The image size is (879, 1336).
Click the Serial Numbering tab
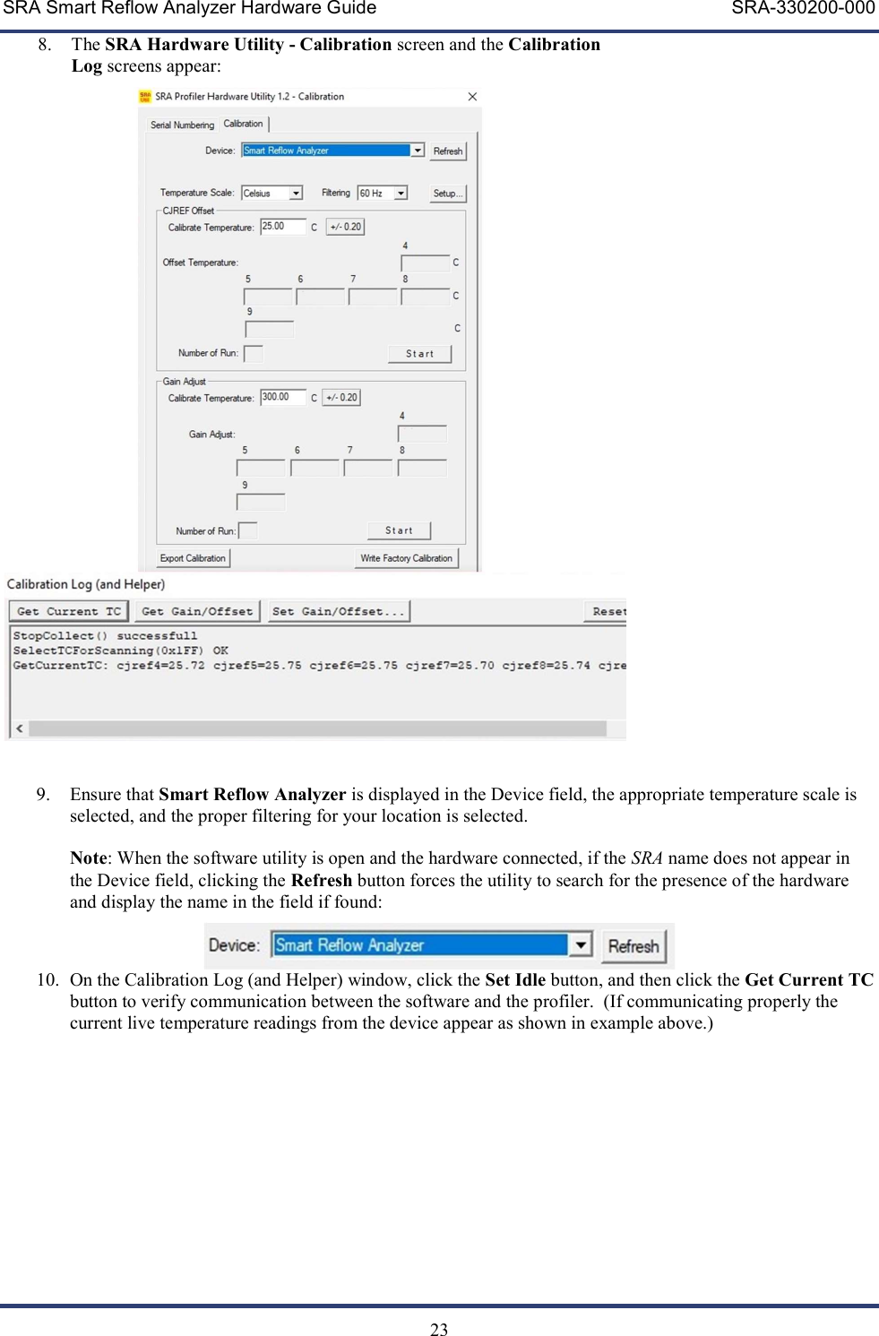(x=182, y=125)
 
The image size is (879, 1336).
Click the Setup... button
(x=447, y=194)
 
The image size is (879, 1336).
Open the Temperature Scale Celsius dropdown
(x=272, y=194)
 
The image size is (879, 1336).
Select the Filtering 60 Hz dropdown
(x=383, y=194)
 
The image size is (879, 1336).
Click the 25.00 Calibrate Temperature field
(x=282, y=227)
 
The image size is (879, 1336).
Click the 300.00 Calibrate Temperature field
(x=282, y=397)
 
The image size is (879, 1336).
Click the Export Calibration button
(x=193, y=558)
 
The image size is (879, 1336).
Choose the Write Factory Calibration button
(x=406, y=558)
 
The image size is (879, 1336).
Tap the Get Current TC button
(x=68, y=611)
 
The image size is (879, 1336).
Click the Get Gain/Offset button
(x=197, y=611)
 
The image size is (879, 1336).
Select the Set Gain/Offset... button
(x=339, y=611)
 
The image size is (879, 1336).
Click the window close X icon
(x=472, y=97)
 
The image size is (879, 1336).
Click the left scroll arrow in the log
(x=19, y=728)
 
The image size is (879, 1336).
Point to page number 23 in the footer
(x=439, y=1329)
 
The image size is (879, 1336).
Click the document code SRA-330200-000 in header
(x=803, y=9)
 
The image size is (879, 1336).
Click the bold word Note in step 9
(x=88, y=858)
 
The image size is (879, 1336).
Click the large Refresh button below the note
(x=633, y=946)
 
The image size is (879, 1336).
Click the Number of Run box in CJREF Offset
(x=254, y=354)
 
